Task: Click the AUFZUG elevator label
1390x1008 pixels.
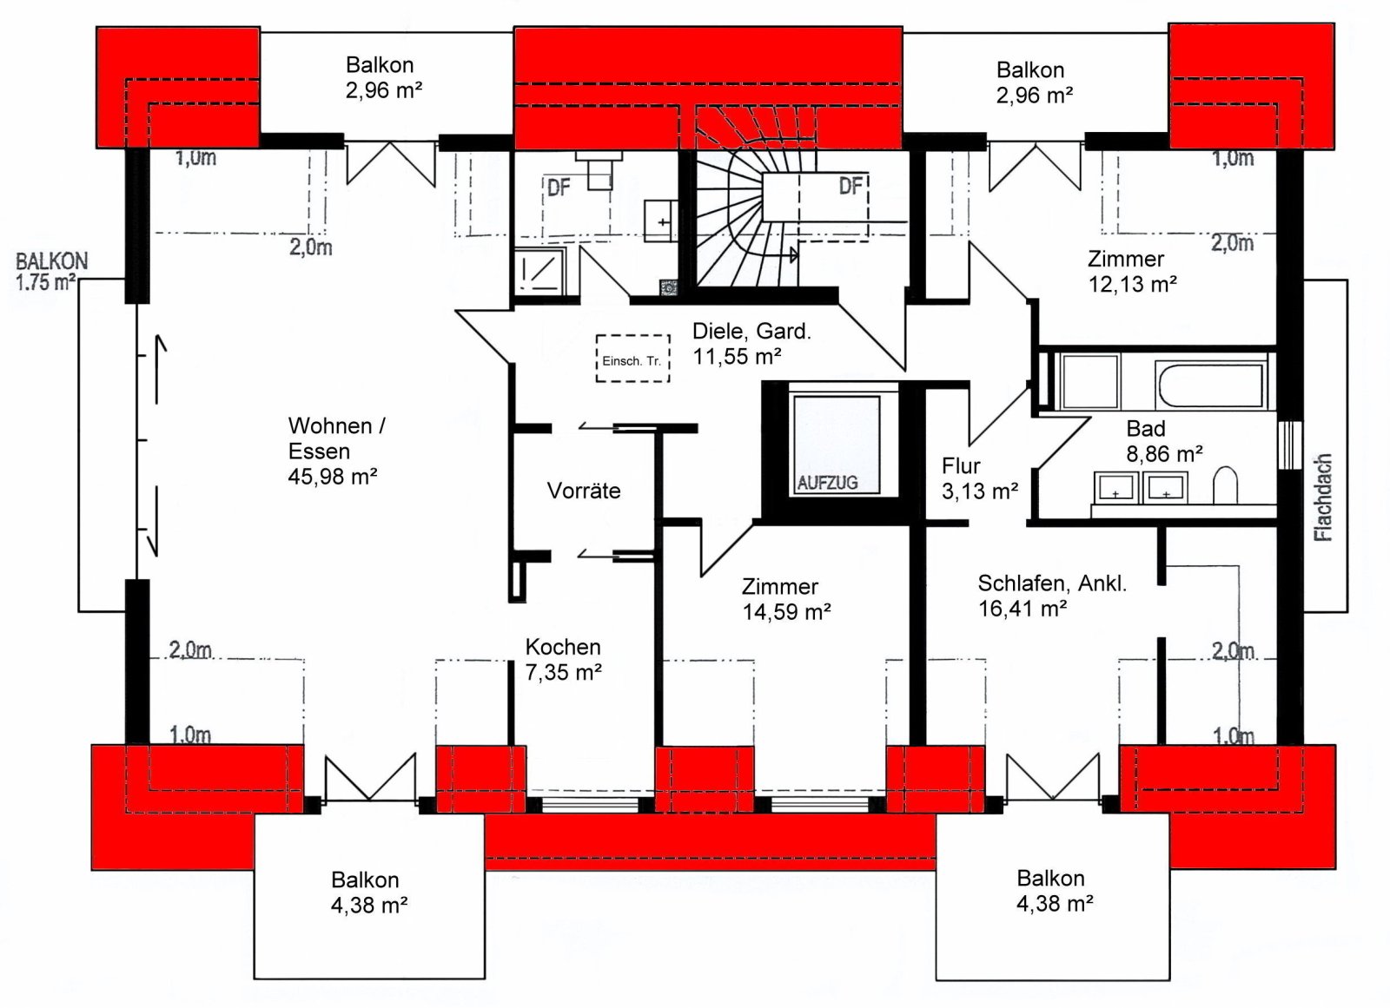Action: click(x=827, y=483)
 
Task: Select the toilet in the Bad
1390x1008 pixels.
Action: click(x=1225, y=484)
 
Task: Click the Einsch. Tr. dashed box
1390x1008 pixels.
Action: click(x=633, y=359)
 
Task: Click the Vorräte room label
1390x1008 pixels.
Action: click(x=583, y=491)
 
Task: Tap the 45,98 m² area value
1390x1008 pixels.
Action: click(x=333, y=477)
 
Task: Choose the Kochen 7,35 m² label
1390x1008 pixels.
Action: click(x=564, y=659)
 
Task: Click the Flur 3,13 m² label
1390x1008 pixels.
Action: click(x=980, y=478)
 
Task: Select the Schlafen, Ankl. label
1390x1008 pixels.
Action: click(x=1052, y=583)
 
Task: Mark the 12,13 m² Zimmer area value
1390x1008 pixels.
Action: click(x=1133, y=284)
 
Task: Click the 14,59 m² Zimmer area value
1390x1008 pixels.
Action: click(x=787, y=611)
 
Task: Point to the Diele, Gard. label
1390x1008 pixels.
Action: click(x=752, y=332)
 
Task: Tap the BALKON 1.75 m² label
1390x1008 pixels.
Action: click(x=51, y=272)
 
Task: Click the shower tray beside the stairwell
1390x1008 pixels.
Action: click(x=539, y=269)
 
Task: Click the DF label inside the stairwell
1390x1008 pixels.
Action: click(x=851, y=185)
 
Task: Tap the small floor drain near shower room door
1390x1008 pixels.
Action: click(x=668, y=287)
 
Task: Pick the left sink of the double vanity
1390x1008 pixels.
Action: click(x=1115, y=488)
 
